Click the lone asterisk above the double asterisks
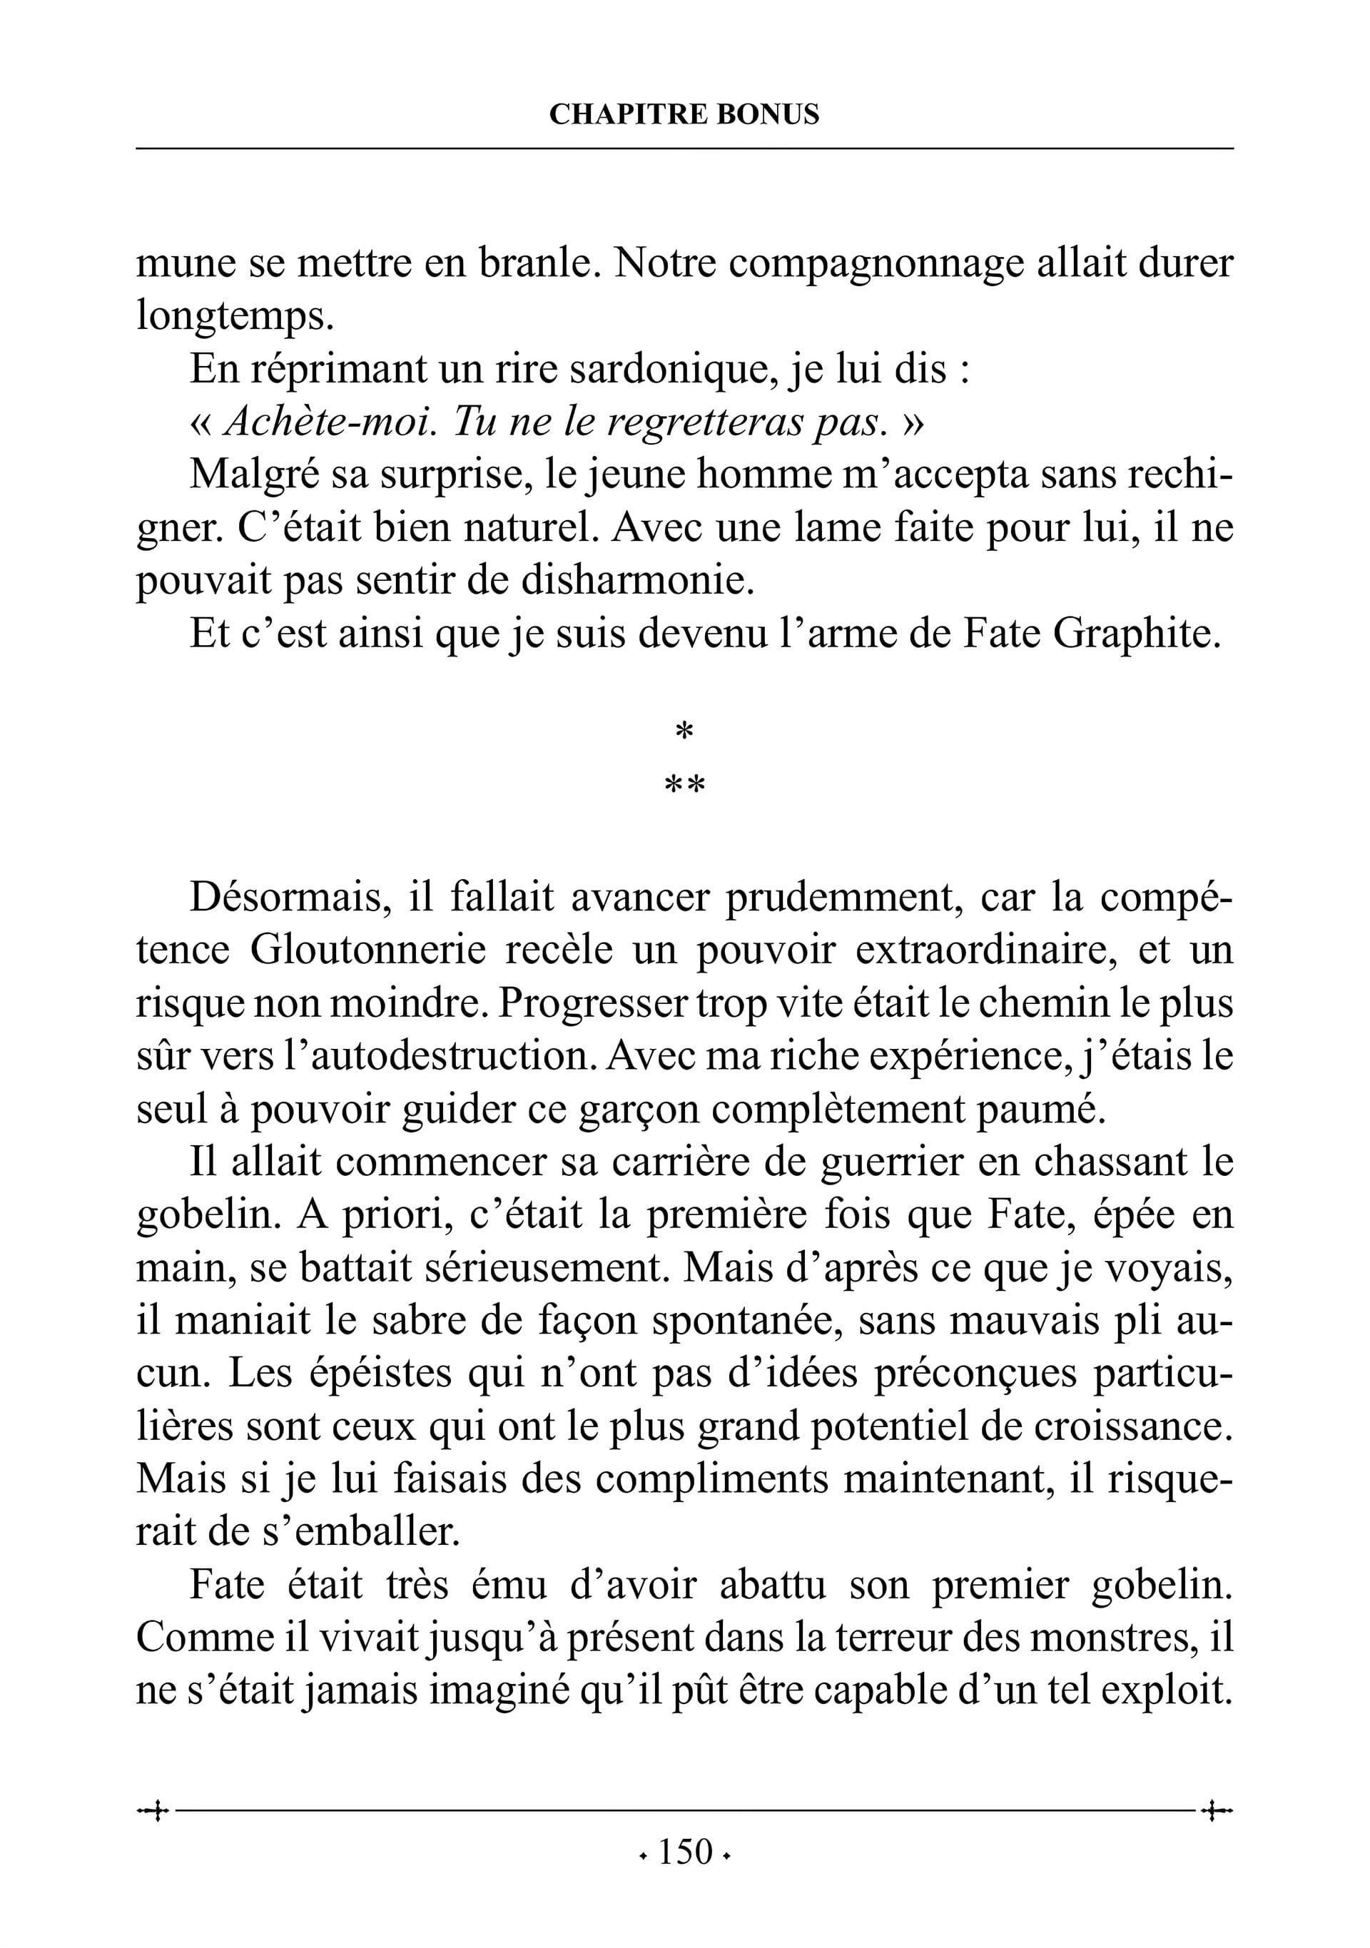point(684,731)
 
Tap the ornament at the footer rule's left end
point(153,1812)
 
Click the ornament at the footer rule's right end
point(1217,1812)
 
